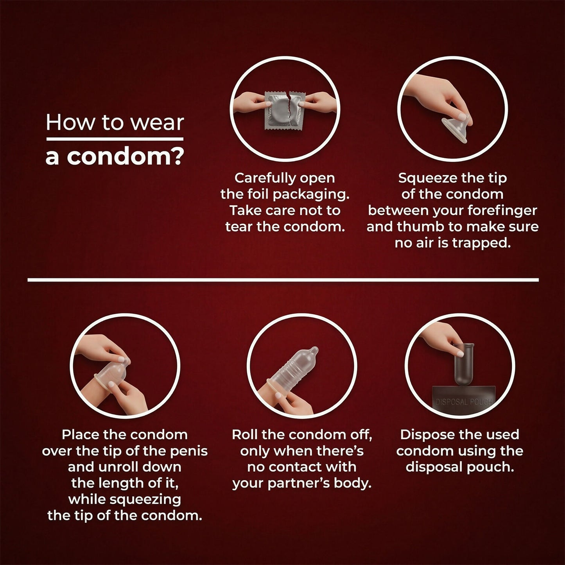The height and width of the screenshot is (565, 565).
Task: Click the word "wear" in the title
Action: point(158,123)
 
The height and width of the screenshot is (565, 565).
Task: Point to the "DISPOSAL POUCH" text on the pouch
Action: point(464,402)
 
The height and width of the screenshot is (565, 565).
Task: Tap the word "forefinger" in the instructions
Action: point(502,211)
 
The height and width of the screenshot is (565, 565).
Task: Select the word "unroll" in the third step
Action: point(118,467)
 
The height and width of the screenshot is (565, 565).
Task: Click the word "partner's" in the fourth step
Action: point(298,484)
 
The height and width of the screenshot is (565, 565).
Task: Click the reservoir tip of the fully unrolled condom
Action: point(314,350)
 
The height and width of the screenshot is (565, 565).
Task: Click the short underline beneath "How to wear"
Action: point(115,139)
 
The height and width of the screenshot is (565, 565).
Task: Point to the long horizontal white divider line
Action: point(283,280)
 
